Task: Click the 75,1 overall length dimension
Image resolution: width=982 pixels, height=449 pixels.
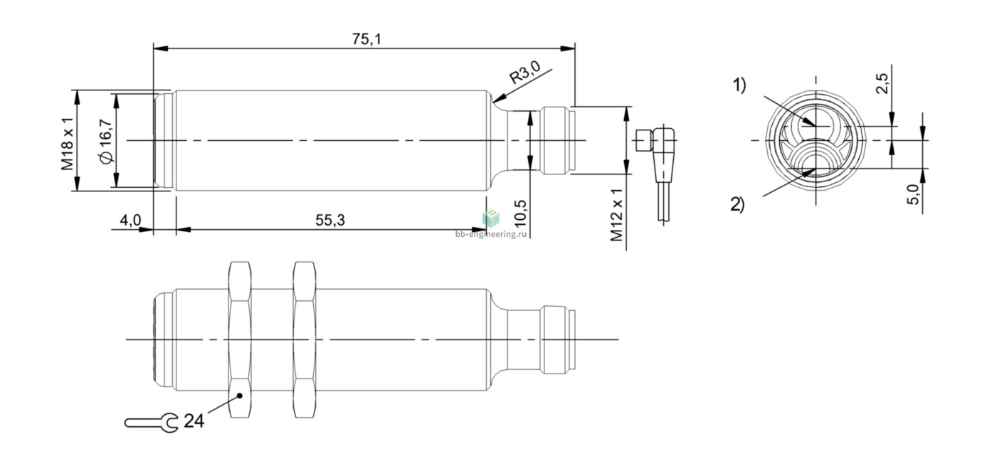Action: [x=367, y=39]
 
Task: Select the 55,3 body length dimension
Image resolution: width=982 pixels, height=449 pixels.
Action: [x=330, y=220]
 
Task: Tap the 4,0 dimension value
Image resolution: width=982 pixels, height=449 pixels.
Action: [x=131, y=220]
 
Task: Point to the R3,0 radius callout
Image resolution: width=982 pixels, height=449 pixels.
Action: [x=524, y=73]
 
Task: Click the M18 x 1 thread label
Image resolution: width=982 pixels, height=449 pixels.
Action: [x=67, y=144]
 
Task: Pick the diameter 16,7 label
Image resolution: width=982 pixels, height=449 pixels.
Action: [x=107, y=141]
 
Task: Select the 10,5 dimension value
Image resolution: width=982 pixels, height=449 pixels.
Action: [x=520, y=213]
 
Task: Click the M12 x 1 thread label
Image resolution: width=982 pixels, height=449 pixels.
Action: [x=617, y=216]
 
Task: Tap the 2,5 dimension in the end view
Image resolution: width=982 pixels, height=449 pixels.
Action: [x=882, y=83]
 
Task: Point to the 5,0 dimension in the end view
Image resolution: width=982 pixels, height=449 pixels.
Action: [x=912, y=194]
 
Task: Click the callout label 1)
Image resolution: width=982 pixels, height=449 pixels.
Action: [x=739, y=85]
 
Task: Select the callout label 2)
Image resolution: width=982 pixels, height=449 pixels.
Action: [x=737, y=204]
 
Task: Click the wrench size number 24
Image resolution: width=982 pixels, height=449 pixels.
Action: [x=194, y=421]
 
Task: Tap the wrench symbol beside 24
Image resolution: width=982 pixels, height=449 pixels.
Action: [x=152, y=423]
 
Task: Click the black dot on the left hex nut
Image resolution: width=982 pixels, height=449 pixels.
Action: [x=240, y=396]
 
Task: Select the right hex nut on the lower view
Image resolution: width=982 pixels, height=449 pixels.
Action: [x=305, y=339]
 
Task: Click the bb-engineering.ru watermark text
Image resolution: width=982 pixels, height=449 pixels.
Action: [x=490, y=234]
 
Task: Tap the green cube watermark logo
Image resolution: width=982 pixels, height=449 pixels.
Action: [x=491, y=218]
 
